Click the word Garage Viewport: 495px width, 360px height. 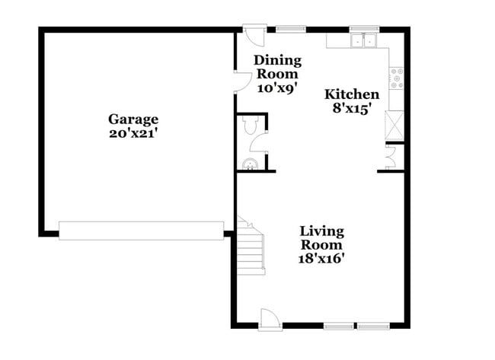coord(133,119)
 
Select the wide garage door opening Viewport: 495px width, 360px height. coord(142,230)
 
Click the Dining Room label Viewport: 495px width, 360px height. coord(277,67)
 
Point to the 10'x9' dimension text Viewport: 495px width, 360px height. coord(277,88)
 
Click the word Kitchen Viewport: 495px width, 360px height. coord(352,94)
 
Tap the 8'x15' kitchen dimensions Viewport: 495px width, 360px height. coord(352,108)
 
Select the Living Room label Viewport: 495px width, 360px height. coord(321,237)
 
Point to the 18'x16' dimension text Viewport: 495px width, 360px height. coord(321,258)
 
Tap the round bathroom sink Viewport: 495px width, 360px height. coord(248,164)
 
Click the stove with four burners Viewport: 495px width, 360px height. coord(397,76)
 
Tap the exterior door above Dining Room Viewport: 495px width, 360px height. coord(254,35)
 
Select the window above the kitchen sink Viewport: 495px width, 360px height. coord(364,30)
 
